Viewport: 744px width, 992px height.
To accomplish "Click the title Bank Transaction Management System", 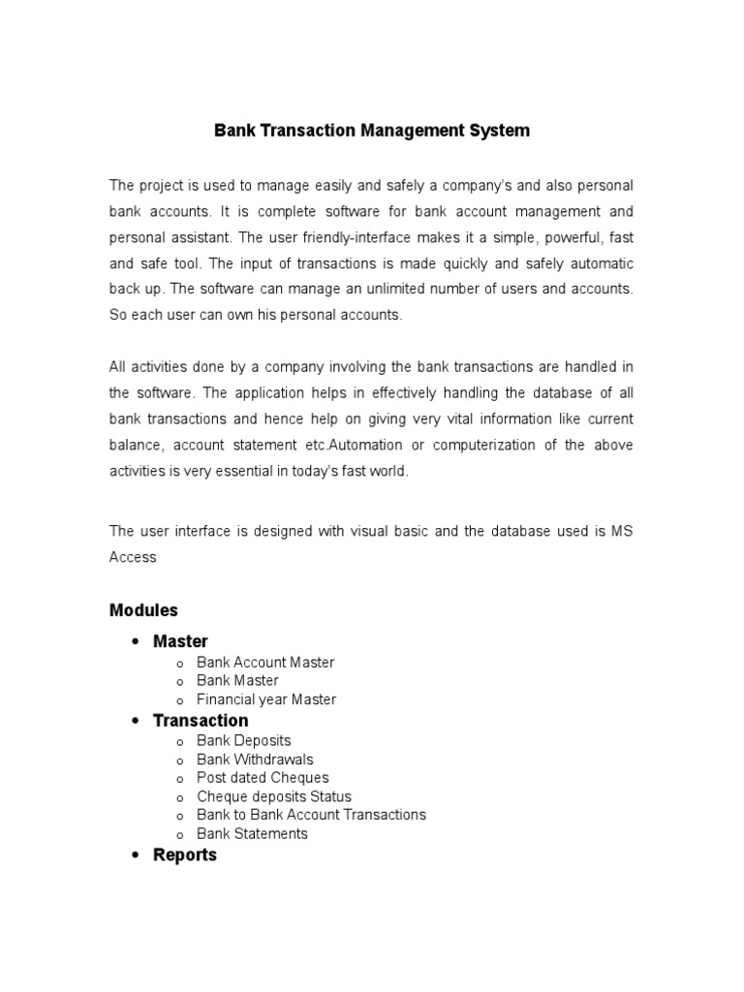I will click(372, 130).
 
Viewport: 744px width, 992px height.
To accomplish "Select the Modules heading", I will click(143, 610).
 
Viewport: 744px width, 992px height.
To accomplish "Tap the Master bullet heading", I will click(180, 641).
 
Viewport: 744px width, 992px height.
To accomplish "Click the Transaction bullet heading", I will click(201, 720).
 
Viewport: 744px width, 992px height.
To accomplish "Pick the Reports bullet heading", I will click(185, 855).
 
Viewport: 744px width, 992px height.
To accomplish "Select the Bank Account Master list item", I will click(265, 663).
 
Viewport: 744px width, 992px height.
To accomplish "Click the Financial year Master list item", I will click(266, 699).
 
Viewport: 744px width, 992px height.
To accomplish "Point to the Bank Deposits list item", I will click(243, 741).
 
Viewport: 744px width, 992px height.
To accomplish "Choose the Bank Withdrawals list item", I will click(255, 759).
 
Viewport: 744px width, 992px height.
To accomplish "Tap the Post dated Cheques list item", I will click(263, 778).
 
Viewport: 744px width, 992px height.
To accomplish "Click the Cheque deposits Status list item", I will click(274, 796).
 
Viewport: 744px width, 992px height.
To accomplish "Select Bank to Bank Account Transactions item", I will click(311, 815).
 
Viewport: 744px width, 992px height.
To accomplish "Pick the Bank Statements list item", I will click(252, 833).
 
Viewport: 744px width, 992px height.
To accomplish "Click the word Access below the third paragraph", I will click(133, 557).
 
